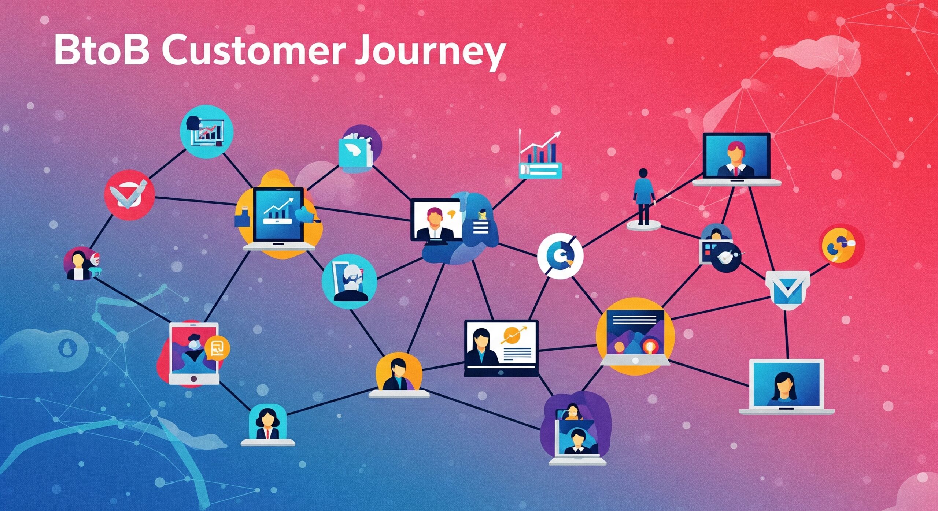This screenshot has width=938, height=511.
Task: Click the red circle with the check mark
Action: [129, 195]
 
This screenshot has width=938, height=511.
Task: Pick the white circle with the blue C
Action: [560, 256]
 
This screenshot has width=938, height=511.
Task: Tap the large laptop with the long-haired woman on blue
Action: [786, 387]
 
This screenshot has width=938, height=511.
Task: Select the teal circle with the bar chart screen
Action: [207, 131]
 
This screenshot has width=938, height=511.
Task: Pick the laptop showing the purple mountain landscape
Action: [635, 337]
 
